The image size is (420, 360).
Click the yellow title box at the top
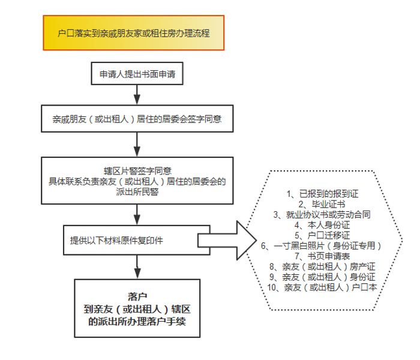click(x=134, y=32)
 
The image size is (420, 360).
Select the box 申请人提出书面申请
click(x=137, y=76)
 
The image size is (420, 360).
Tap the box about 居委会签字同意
click(x=137, y=119)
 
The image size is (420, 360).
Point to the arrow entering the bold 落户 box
click(x=138, y=268)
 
